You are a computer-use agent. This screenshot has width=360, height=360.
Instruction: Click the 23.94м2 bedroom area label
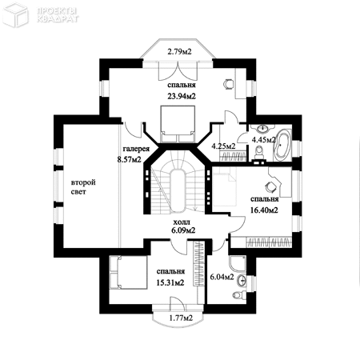pos(182,96)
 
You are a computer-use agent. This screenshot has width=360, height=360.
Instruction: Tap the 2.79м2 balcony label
pos(179,51)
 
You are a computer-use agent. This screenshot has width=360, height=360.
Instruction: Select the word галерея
pos(136,149)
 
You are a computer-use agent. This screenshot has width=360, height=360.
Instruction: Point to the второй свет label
pos(83,187)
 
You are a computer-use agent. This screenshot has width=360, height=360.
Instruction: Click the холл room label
pos(182,222)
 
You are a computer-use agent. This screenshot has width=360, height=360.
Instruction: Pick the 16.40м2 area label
pos(264,210)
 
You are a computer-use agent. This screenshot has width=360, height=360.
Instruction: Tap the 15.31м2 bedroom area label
pos(170,282)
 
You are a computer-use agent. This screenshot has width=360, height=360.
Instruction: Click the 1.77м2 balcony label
pos(181,318)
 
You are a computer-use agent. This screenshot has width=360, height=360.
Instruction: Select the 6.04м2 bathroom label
pos(222,277)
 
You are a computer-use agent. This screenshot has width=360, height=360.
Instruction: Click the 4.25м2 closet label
pos(223,146)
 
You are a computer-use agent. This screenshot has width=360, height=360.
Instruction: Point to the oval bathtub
pos(282,145)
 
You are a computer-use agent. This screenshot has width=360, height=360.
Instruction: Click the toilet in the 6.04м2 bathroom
pos(238,295)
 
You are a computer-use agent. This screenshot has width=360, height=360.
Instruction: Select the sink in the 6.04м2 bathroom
pos(242,280)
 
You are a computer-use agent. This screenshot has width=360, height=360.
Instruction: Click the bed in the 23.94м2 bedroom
pos(178,124)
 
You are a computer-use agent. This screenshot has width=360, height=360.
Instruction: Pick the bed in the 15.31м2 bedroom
pos(128,272)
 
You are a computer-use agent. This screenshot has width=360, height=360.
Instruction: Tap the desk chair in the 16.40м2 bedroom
pos(270,186)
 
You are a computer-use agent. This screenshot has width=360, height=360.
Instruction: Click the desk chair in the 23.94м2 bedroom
pos(228,83)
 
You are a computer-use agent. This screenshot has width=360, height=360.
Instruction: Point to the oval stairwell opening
pos(178,190)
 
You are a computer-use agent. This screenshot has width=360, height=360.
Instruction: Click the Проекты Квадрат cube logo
pos(15,15)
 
